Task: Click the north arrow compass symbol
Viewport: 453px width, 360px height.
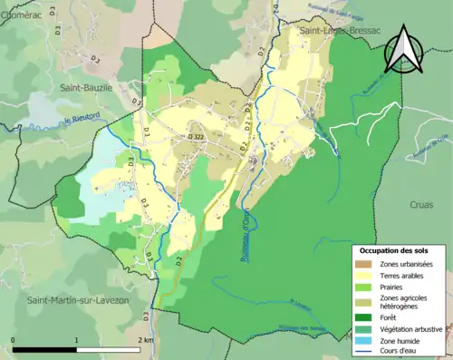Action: [404, 49]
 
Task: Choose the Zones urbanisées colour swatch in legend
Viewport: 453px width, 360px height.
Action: [364, 264]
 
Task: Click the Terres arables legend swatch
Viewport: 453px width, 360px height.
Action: [364, 275]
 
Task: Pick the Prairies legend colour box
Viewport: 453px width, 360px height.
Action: [364, 287]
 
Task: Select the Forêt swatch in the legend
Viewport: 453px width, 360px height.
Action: [364, 317]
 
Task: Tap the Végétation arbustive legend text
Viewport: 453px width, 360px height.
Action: [411, 328]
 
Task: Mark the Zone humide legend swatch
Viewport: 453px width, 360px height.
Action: [364, 339]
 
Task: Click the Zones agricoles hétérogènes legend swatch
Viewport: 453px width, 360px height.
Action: [364, 302]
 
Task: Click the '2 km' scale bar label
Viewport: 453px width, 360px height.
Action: [144, 340]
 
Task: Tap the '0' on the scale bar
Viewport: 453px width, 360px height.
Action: [13, 340]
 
